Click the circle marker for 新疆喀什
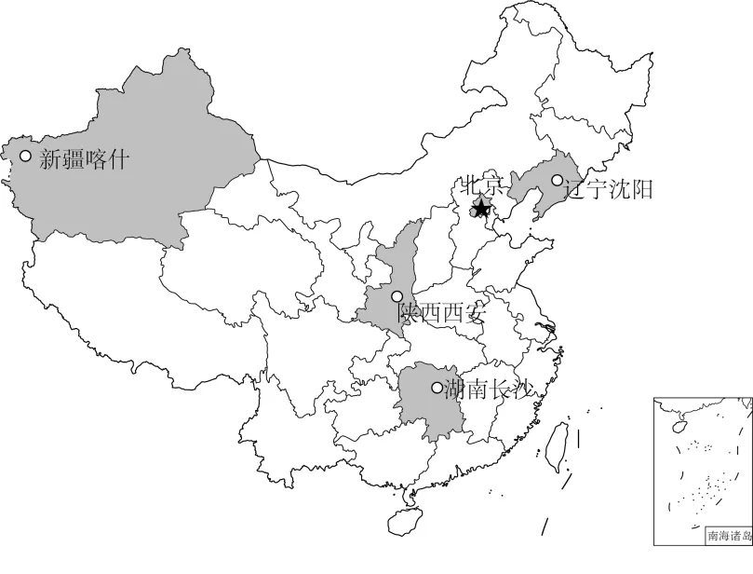pyautogui.click(x=25, y=156)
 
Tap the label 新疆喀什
pyautogui.click(x=83, y=160)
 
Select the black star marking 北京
pyautogui.click(x=481, y=206)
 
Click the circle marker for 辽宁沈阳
pyautogui.click(x=557, y=180)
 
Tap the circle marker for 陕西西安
pyautogui.click(x=397, y=296)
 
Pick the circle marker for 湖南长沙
pyautogui.click(x=437, y=388)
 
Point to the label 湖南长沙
pyautogui.click(x=486, y=389)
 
